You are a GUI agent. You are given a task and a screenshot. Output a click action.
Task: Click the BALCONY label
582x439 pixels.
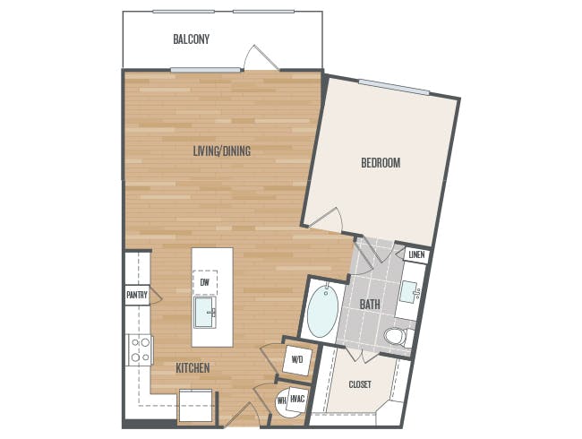point(191,39)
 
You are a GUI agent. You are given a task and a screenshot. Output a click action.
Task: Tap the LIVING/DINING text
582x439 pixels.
point(222,151)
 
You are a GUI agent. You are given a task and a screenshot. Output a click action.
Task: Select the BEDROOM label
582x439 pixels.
point(381,163)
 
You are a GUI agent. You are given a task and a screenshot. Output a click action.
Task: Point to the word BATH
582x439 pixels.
point(370,305)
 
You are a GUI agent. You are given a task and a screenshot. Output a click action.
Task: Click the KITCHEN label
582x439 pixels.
point(193,367)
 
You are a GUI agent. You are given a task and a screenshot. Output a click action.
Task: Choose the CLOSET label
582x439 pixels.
point(360,384)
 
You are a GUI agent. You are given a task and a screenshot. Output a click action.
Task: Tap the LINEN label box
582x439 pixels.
point(416,254)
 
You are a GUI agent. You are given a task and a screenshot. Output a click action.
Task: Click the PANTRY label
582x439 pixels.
point(137,296)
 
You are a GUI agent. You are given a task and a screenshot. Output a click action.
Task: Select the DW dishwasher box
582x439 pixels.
point(205,282)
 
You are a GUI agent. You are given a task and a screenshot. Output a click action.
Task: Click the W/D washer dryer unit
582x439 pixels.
point(297,359)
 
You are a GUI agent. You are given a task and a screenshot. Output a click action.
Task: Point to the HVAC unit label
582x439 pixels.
point(297,400)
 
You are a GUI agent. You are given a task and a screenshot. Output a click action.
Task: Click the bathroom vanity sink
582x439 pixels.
point(410,292)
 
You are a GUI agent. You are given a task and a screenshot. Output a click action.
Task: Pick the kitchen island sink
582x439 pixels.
point(205,312)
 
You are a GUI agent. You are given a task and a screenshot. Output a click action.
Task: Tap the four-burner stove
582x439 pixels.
point(140,350)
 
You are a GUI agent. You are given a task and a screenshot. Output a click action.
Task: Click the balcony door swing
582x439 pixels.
point(261,58)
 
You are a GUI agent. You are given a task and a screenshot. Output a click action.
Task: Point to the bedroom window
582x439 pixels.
point(394,87)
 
